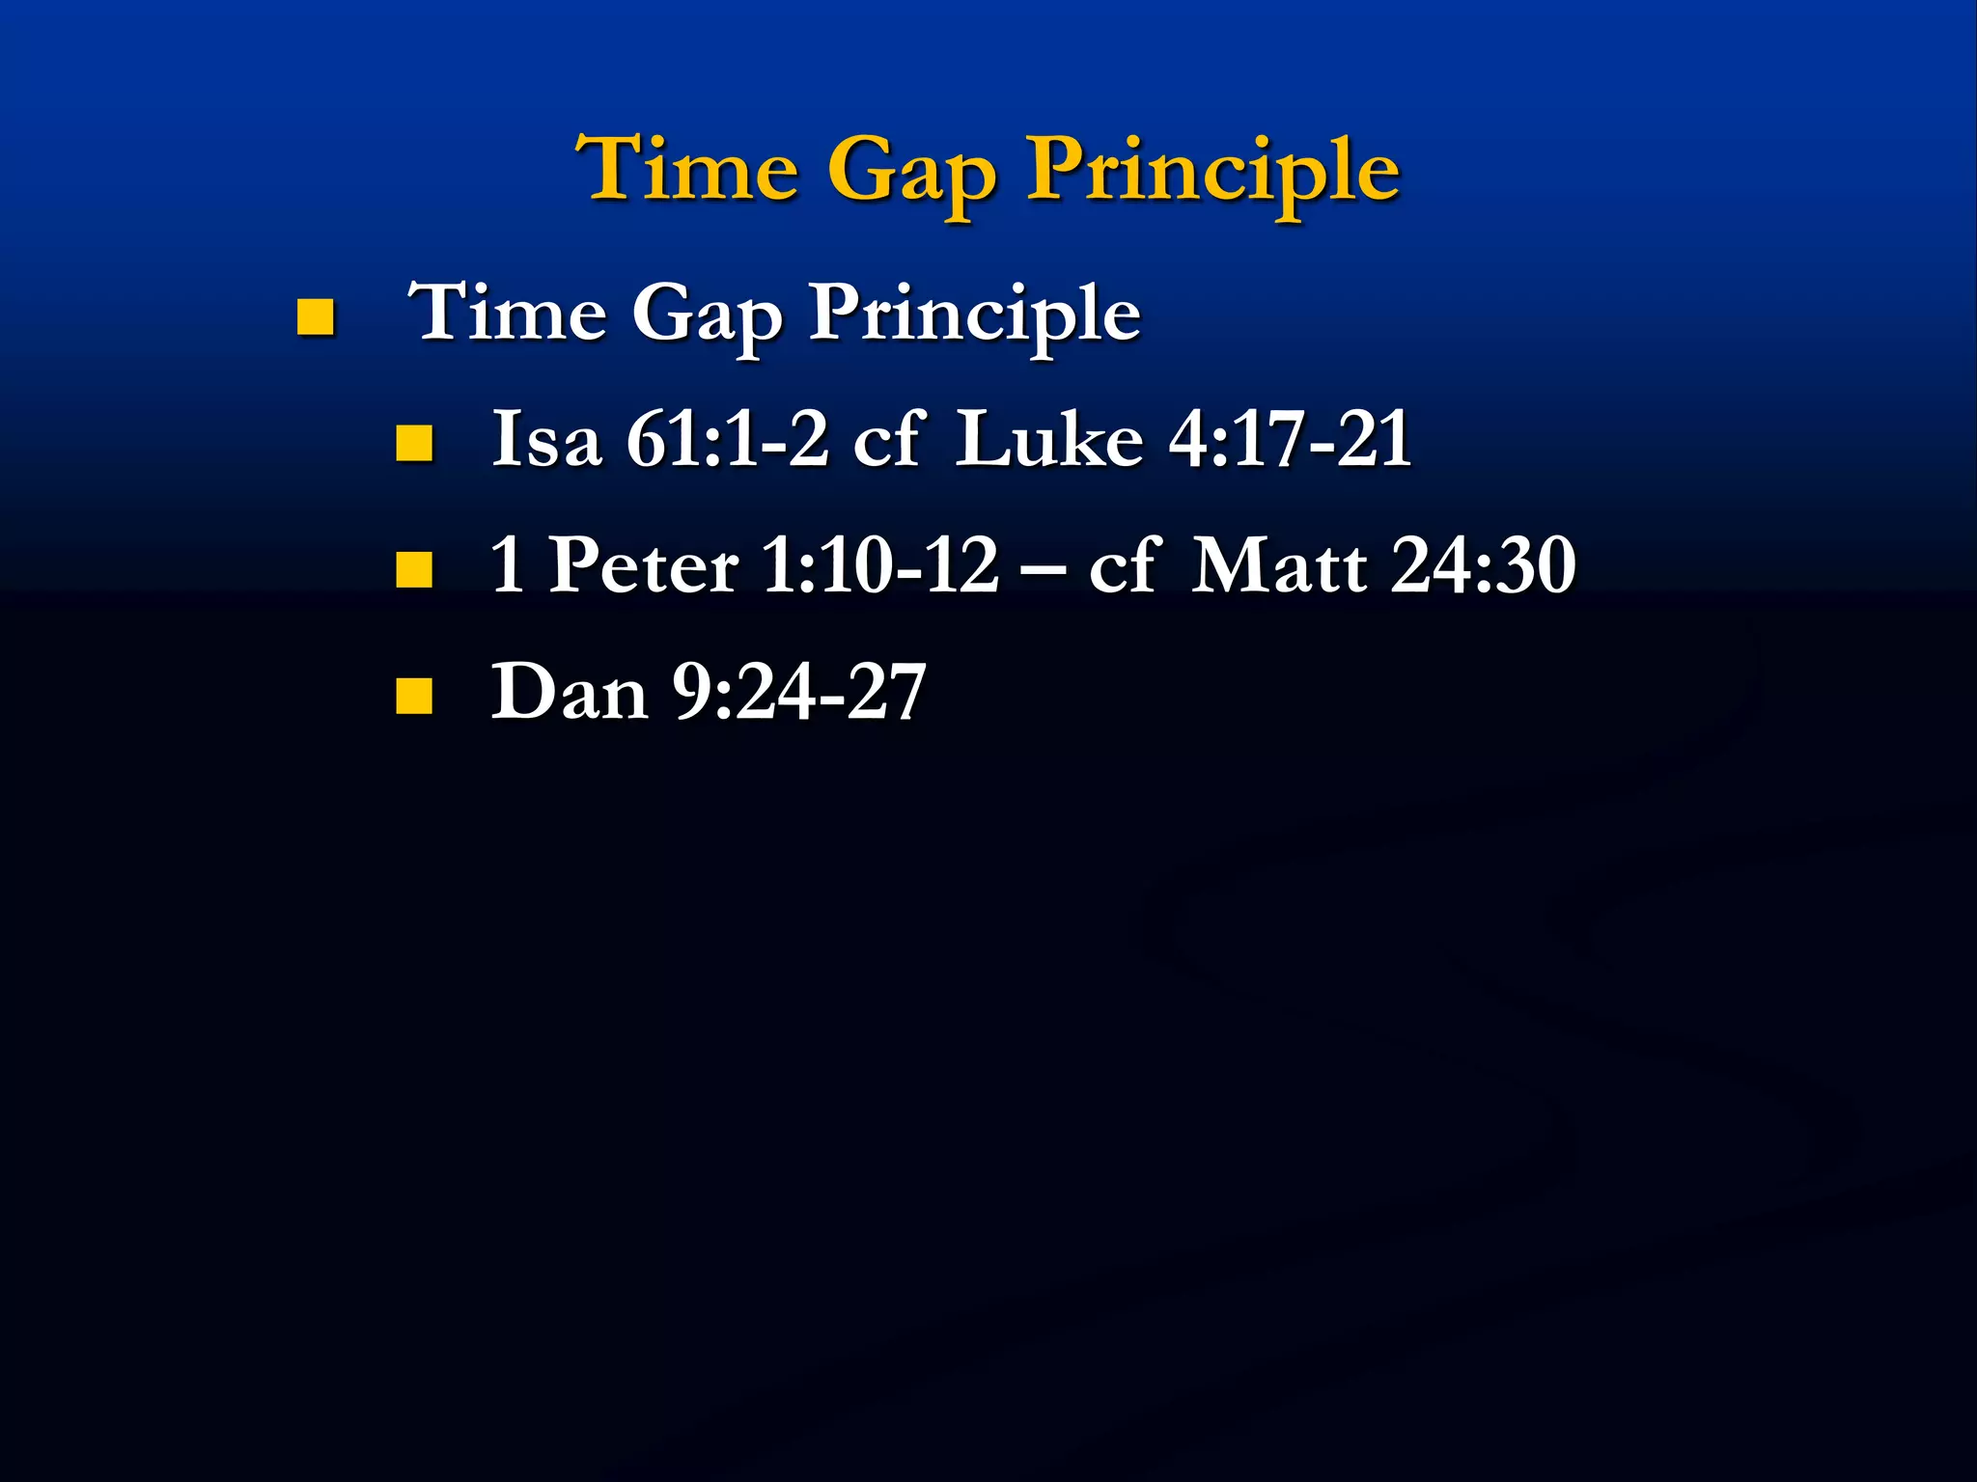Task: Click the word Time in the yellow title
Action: click(x=687, y=169)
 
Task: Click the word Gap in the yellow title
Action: click(x=911, y=174)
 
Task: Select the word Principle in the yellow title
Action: click(x=1212, y=172)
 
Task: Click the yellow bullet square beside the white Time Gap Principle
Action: click(x=315, y=316)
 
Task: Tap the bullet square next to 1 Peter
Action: click(x=413, y=569)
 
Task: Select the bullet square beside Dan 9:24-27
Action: click(x=413, y=695)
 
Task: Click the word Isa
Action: click(x=546, y=440)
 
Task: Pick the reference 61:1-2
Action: click(x=727, y=440)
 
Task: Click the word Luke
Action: click(x=1049, y=440)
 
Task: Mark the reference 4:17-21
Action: click(x=1290, y=440)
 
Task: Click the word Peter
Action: click(x=644, y=565)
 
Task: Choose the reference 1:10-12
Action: click(x=879, y=565)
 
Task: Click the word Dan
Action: click(x=569, y=692)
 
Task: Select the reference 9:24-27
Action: click(x=798, y=693)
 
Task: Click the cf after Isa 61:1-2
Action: click(x=889, y=440)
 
